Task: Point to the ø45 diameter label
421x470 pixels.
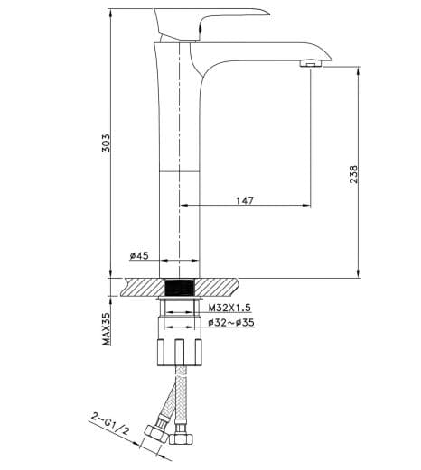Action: [138, 257]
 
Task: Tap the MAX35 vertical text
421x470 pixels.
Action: [106, 328]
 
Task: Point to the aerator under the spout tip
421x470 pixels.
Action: [310, 64]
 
